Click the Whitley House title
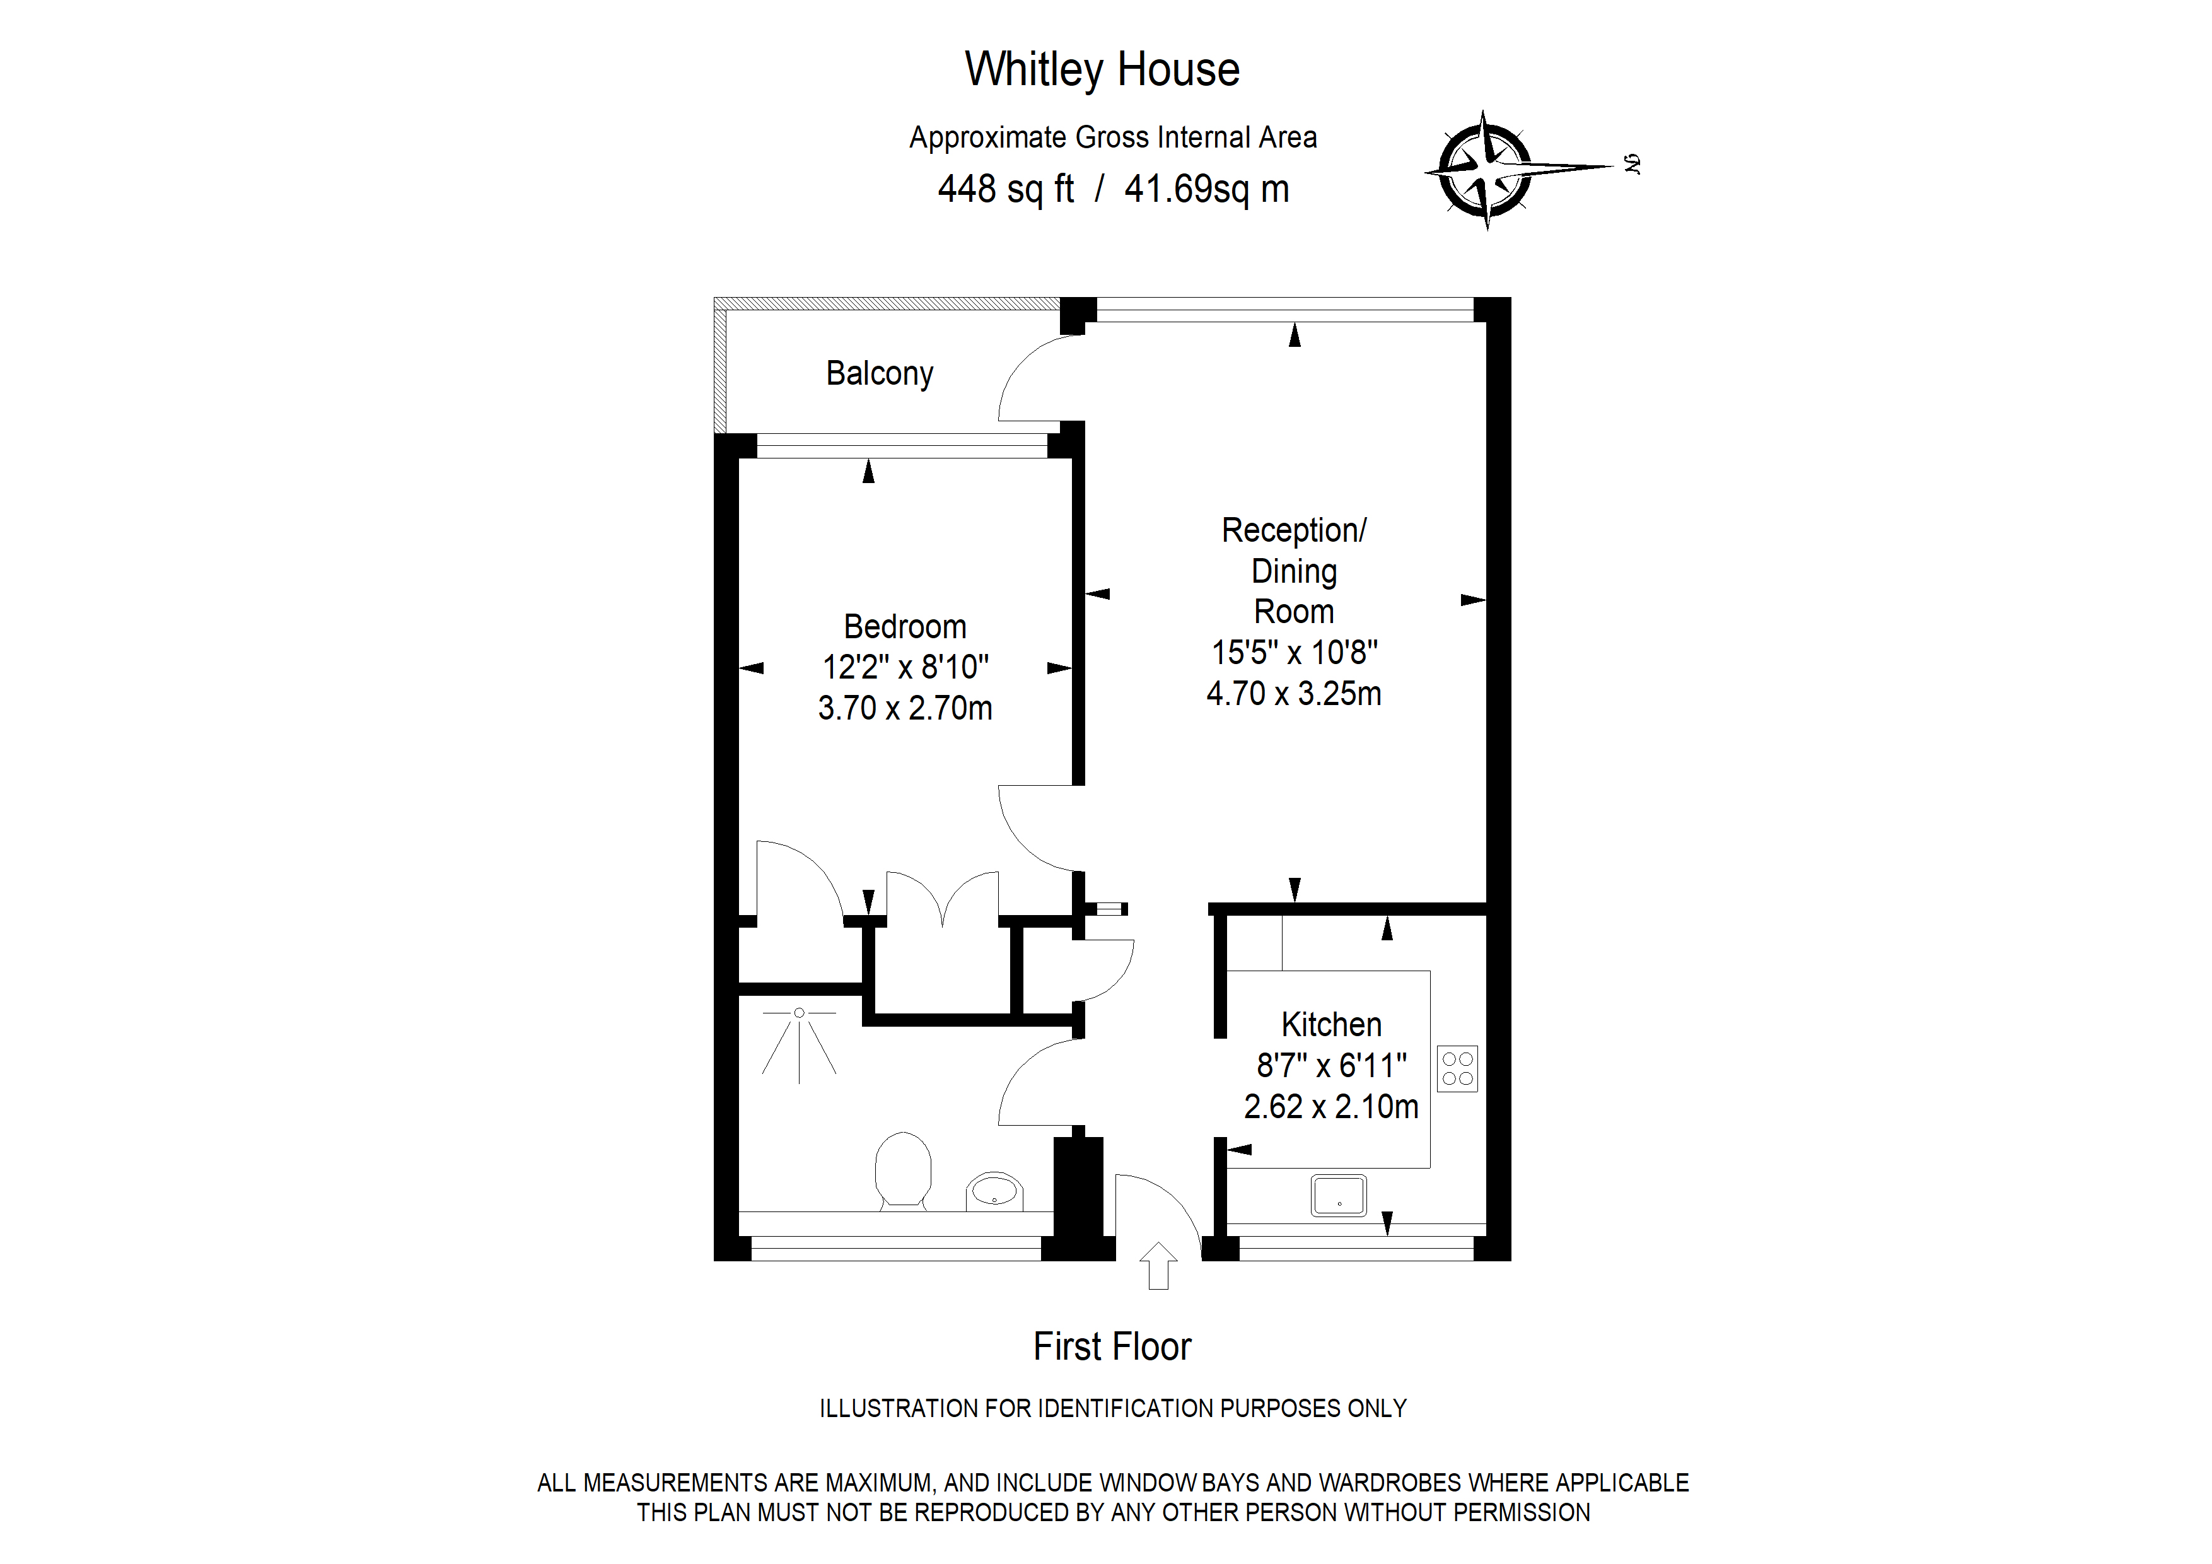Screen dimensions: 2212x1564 [1102, 69]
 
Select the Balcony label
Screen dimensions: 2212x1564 [880, 374]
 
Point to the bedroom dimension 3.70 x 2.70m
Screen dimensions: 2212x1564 [905, 708]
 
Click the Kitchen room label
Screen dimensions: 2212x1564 [1332, 1024]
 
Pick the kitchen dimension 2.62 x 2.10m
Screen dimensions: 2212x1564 [1332, 1106]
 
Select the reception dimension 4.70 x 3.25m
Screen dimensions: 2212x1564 [1294, 694]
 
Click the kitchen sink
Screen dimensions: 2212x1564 [1338, 1196]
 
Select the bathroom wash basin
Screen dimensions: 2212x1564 [994, 1192]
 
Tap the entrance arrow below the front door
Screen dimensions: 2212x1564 [1158, 1265]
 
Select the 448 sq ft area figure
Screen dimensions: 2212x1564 [1006, 189]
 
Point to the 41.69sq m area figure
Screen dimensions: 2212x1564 [1206, 189]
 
